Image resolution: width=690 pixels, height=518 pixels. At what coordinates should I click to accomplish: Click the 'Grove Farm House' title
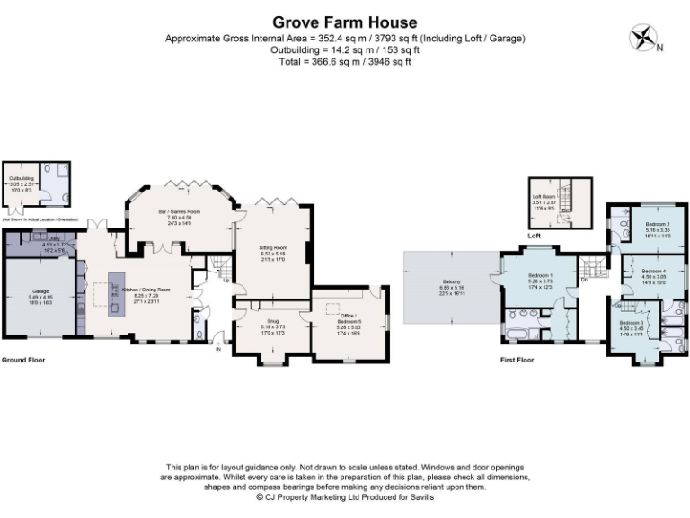pyautogui.click(x=345, y=22)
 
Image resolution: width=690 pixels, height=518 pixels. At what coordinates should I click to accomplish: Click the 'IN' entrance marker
pyautogui.click(x=218, y=350)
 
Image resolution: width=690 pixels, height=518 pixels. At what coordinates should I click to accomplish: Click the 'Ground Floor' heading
pyautogui.click(x=22, y=360)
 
